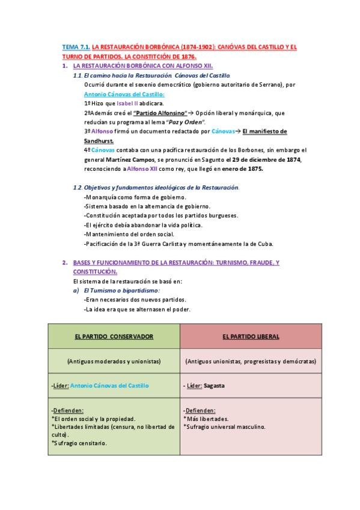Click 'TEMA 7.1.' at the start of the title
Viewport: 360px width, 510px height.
click(x=76, y=46)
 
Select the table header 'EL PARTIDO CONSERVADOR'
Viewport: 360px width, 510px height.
click(x=114, y=337)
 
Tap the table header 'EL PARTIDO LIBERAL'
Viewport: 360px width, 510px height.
click(x=251, y=337)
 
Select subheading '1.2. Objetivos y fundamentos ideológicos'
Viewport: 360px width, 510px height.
click(x=155, y=188)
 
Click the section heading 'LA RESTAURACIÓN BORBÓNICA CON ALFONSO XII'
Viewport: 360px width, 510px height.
click(x=142, y=66)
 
